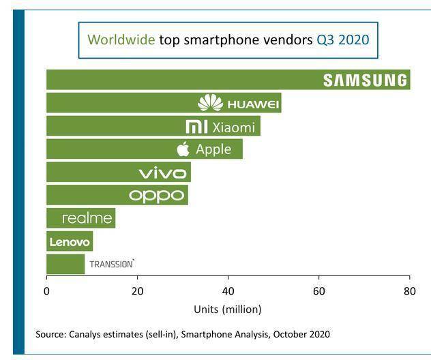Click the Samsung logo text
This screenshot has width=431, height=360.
click(365, 80)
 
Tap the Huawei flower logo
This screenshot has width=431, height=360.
click(210, 103)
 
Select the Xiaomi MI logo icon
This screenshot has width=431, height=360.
click(196, 127)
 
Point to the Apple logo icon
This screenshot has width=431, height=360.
click(183, 149)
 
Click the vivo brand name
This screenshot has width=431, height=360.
click(163, 172)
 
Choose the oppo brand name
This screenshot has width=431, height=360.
click(156, 196)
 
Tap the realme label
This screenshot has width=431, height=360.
click(87, 218)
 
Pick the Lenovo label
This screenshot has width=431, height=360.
click(70, 242)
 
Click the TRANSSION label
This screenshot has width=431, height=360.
click(112, 264)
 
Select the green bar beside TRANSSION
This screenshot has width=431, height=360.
click(65, 264)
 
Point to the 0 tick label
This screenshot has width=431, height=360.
click(47, 291)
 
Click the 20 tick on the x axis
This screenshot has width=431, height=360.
click(138, 291)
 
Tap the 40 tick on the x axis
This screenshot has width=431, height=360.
click(228, 291)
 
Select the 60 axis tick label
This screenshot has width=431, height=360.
click(319, 291)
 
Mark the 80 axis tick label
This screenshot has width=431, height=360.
click(410, 291)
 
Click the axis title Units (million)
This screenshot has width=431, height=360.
click(228, 310)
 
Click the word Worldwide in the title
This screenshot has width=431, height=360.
click(121, 40)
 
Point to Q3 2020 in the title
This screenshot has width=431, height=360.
click(343, 40)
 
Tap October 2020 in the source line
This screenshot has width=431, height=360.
click(301, 334)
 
